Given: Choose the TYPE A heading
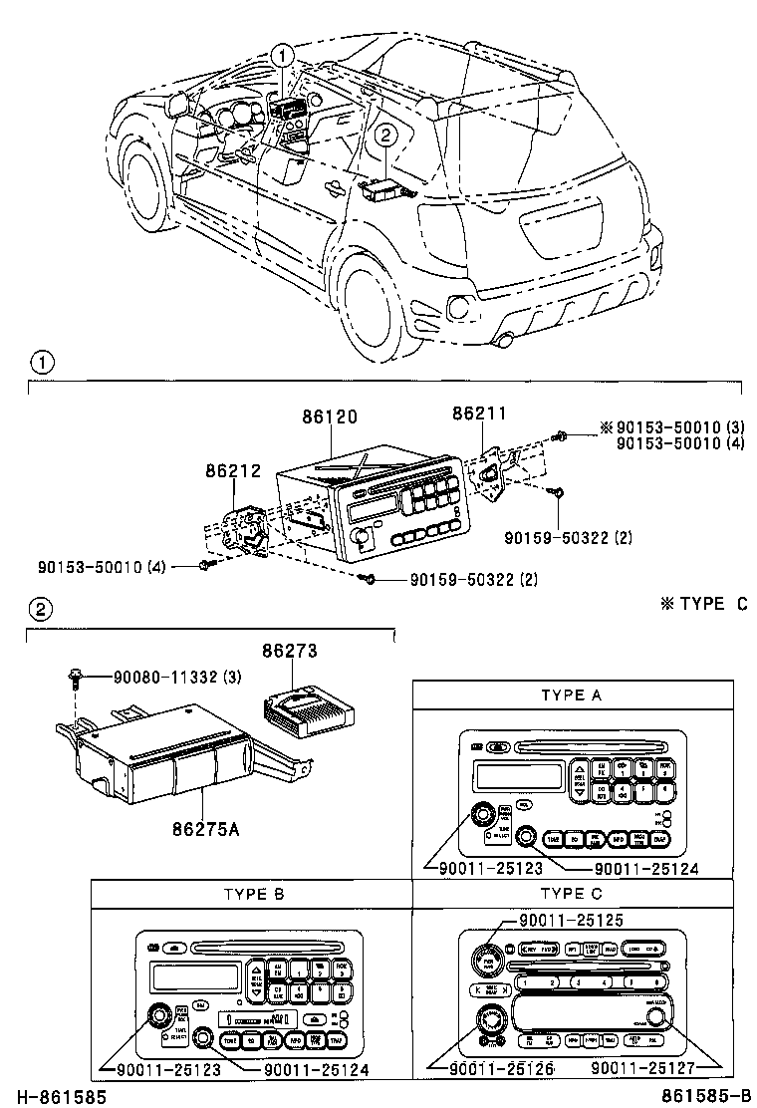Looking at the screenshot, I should click(573, 695).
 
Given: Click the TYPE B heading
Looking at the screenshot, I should click(252, 894).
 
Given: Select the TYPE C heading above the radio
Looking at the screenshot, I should click(573, 894).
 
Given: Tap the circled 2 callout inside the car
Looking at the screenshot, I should click(385, 136).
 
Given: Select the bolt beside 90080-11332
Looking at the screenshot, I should click(76, 680).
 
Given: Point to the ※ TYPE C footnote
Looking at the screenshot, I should click(703, 604).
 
